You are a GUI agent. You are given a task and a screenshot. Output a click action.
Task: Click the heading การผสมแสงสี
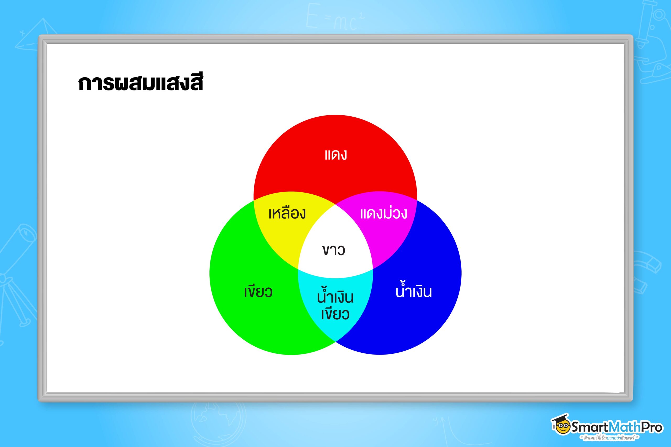[140, 83]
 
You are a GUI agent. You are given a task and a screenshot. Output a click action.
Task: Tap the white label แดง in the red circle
[336, 155]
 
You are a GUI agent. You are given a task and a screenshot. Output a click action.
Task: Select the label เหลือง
[287, 213]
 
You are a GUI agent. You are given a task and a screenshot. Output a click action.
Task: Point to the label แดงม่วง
[383, 213]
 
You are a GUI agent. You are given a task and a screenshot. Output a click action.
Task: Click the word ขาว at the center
[334, 250]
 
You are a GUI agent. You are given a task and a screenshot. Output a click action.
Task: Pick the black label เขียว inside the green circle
[258, 291]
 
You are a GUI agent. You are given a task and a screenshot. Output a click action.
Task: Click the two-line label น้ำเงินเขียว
[335, 305]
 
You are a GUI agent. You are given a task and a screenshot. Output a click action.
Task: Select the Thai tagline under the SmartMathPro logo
[610, 438]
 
